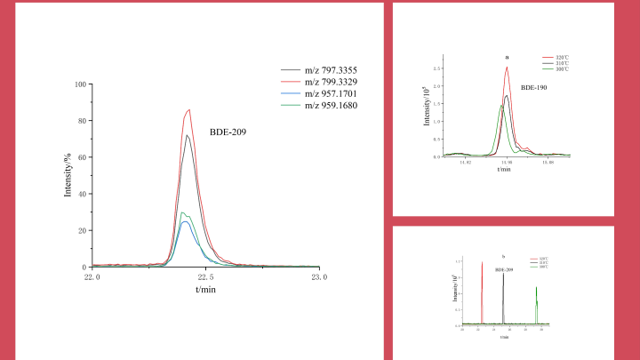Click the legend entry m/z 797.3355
coord(331,70)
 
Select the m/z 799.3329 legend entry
coord(331,82)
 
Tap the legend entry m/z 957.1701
coord(331,93)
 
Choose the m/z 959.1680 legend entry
coord(331,105)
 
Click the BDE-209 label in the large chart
coord(228,132)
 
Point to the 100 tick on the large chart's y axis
coord(80,84)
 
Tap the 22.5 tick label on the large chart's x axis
coord(205,276)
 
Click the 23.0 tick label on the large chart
coord(319,276)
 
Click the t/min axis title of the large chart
coord(205,289)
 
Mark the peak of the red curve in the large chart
coord(189,110)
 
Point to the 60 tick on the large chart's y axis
coord(82,157)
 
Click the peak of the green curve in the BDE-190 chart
coord(501,106)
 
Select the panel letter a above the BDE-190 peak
coord(506,57)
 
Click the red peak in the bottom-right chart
coord(482,262)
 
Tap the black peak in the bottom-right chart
coord(503,274)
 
